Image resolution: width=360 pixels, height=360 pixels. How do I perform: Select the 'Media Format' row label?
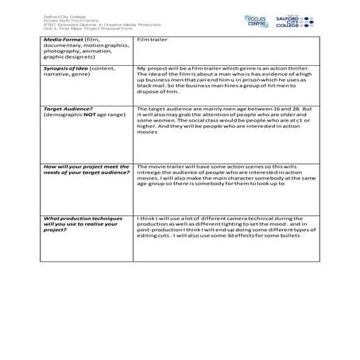[x=67, y=38]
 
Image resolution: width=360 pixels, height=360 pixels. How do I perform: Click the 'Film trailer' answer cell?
[x=151, y=38]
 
